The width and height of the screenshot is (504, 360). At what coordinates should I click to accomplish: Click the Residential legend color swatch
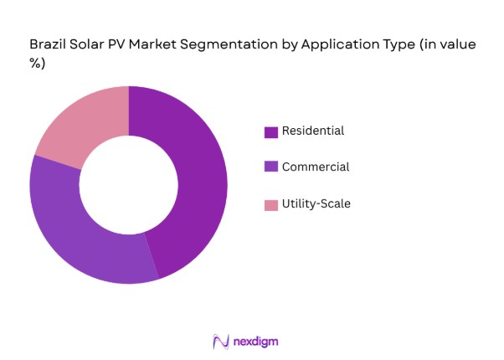(270, 131)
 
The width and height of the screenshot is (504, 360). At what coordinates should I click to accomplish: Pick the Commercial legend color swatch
(270, 167)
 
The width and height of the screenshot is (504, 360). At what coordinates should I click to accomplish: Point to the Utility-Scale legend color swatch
(270, 204)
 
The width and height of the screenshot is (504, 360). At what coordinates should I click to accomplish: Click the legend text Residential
(312, 131)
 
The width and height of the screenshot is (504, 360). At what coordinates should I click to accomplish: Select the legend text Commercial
(316, 167)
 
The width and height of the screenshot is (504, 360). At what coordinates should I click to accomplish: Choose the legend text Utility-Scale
(316, 203)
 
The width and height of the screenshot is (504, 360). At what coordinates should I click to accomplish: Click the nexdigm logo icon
(221, 341)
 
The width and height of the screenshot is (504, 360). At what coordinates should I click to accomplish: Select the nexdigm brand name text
(255, 341)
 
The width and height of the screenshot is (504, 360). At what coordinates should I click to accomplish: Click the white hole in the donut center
(128, 185)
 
